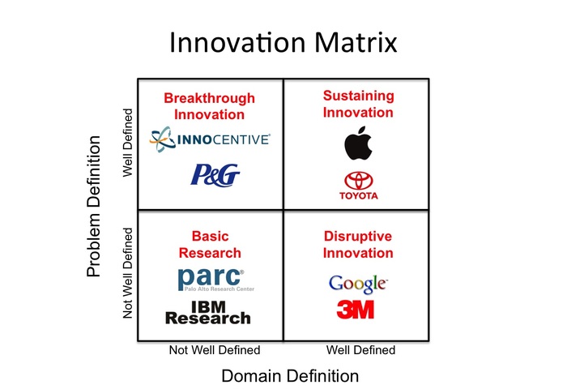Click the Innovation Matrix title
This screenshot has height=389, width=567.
point(283,43)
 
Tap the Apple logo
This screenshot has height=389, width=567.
point(358,143)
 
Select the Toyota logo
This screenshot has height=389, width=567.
point(358,186)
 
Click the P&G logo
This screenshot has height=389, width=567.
point(215,175)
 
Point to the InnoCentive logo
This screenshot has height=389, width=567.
point(210,139)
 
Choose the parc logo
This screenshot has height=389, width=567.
point(216,280)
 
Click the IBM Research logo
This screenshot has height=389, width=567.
point(208,312)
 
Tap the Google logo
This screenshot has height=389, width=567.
point(358,284)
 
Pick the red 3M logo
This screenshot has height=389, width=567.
point(355,310)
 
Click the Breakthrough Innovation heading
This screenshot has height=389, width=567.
point(209,106)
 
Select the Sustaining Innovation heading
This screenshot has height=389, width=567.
point(358,105)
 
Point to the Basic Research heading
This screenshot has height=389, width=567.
point(210,245)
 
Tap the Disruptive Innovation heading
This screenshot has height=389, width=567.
point(358,245)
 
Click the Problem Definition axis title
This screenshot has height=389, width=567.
point(93,207)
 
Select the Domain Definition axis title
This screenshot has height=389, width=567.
point(290,376)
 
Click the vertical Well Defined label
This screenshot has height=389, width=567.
point(128,143)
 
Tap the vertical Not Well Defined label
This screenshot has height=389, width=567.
point(128,273)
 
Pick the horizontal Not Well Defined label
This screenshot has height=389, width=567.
point(215,350)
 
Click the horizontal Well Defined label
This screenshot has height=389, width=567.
point(360,350)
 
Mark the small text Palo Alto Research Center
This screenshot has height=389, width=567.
point(220,289)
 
